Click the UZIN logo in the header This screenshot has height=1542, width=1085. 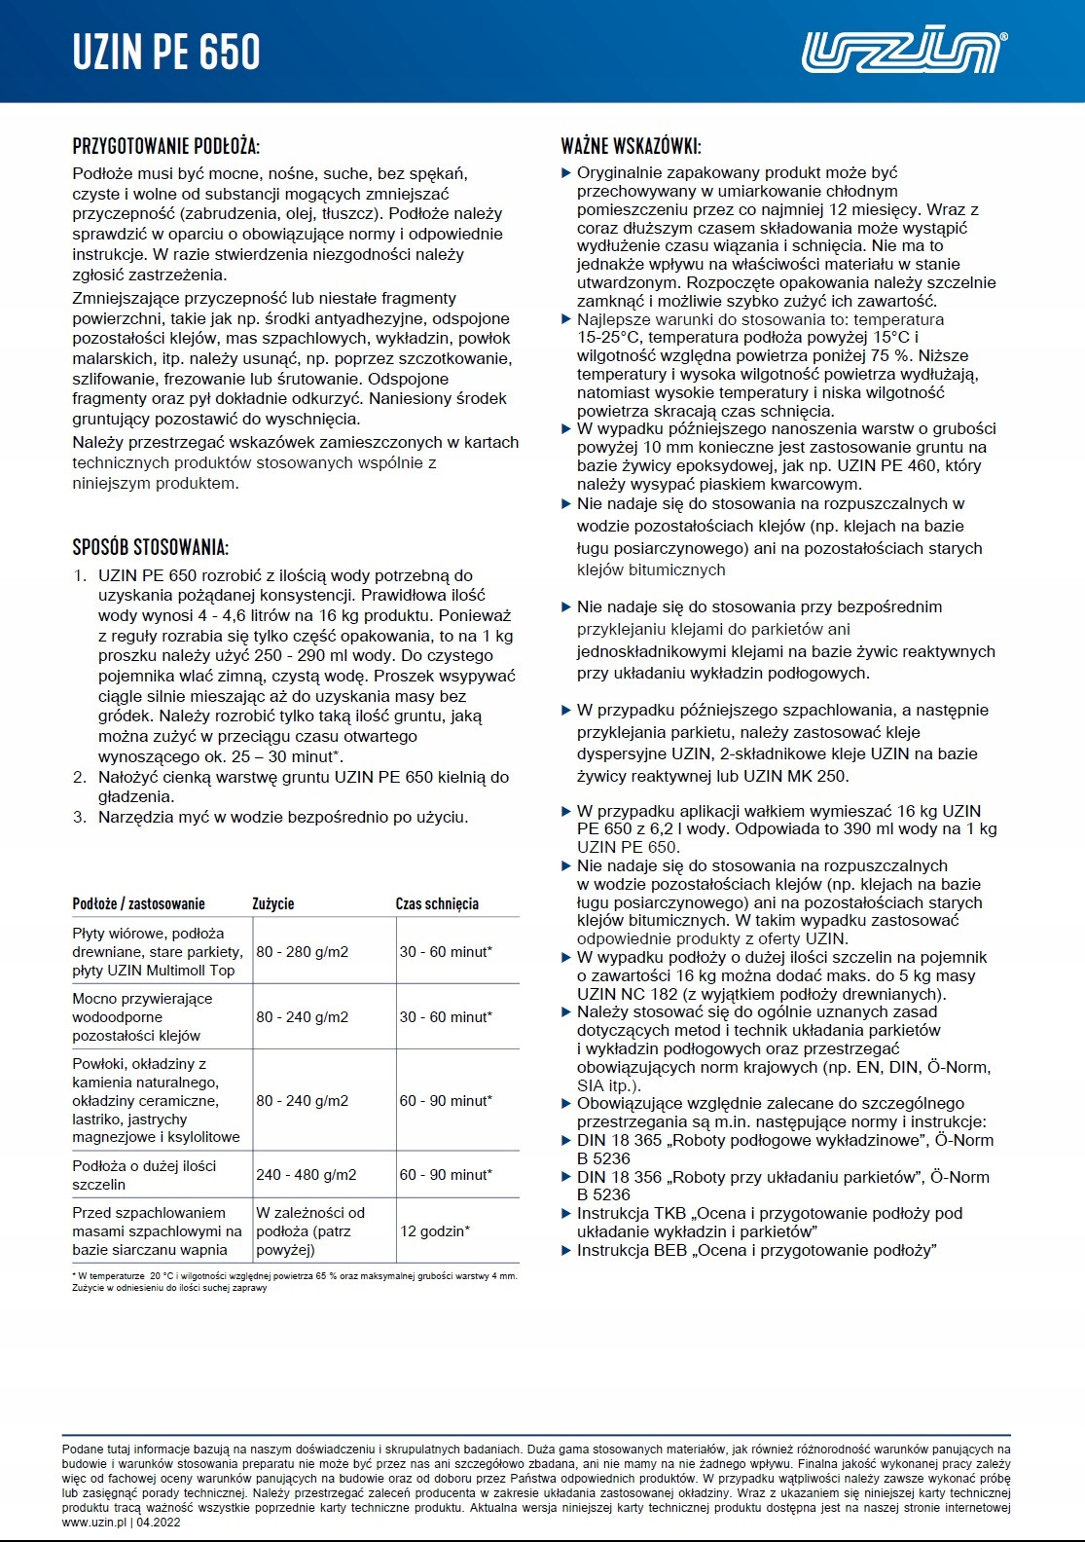903,52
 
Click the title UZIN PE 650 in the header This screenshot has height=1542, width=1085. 166,53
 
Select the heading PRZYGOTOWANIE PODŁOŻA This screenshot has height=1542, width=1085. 165,147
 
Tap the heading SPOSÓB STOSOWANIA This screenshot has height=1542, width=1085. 150,547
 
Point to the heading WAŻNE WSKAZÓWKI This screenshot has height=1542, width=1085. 631,147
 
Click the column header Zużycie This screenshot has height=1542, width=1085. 272,903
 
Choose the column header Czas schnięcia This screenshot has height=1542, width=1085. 437,903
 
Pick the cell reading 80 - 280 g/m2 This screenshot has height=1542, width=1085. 302,952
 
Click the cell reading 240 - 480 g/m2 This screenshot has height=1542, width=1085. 306,1175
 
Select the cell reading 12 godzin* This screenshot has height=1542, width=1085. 435,1231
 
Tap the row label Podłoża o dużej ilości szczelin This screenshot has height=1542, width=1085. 144,1175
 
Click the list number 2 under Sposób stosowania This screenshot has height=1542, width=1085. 80,777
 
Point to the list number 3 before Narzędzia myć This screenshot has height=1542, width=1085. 80,817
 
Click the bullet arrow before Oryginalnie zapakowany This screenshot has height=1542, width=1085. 566,173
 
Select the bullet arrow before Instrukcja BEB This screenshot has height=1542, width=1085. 566,1250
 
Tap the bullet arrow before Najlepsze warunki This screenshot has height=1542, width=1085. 566,319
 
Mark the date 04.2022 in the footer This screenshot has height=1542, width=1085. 159,1523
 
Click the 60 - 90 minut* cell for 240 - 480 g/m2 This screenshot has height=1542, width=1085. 446,1175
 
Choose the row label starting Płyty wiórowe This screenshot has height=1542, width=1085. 156,952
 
